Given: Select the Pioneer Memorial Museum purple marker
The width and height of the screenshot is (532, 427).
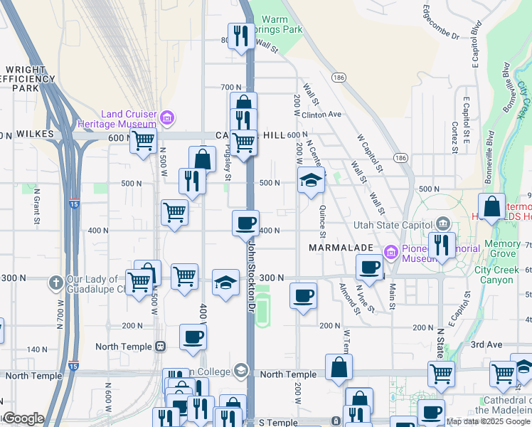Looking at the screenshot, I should pyautogui.click(x=390, y=253).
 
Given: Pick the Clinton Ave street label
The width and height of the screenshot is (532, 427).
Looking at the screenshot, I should pyautogui.click(x=321, y=114).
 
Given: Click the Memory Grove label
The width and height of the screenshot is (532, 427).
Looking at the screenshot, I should pyautogui.click(x=502, y=248).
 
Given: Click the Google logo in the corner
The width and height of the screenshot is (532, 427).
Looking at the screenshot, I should pyautogui.click(x=23, y=418).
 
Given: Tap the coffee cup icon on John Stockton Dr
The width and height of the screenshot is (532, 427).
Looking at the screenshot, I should pyautogui.click(x=246, y=223).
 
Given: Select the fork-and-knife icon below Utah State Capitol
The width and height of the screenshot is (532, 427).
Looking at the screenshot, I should pyautogui.click(x=442, y=246).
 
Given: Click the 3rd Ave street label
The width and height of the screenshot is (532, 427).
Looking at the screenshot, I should pyautogui.click(x=486, y=344).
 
